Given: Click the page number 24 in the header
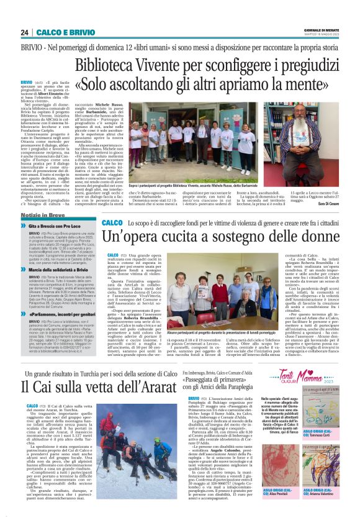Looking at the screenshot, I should [x=25, y=32].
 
